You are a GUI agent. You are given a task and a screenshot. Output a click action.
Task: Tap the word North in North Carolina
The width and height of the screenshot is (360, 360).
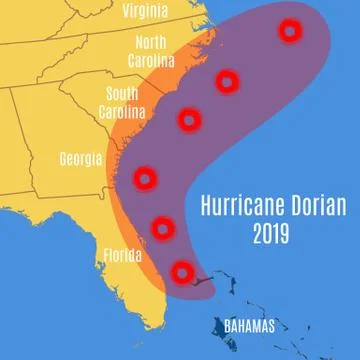point(152,43)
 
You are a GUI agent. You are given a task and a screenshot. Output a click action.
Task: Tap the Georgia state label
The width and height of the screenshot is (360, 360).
point(80,159)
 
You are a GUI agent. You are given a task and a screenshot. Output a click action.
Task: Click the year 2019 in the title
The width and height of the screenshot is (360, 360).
point(272,236)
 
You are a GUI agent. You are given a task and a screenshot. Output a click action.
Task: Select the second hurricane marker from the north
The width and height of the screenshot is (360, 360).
point(227,82)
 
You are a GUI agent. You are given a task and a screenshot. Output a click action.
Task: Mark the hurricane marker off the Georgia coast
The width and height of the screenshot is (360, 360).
point(146,179)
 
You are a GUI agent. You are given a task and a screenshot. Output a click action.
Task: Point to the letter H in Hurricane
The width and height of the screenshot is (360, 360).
point(206,210)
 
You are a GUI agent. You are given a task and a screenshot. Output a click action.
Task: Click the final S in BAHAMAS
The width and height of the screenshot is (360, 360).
point(273,325)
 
